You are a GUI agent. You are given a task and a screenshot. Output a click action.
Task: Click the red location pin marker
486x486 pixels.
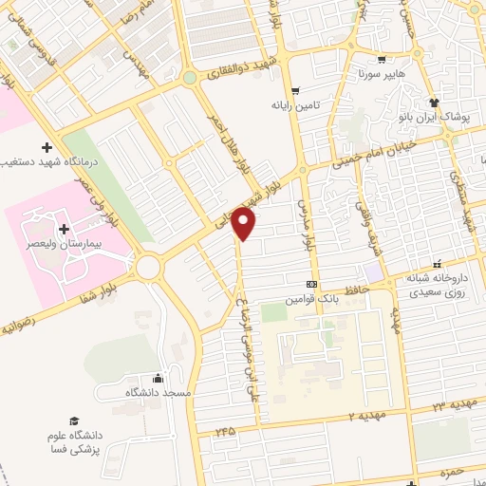click(245, 224)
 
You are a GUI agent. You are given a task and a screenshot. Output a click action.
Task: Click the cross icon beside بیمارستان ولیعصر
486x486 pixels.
click(64, 229)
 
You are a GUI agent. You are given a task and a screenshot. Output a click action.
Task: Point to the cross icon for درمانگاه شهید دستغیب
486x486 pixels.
click(47, 147)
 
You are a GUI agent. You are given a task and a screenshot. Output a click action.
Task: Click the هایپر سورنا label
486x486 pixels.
click(381, 72)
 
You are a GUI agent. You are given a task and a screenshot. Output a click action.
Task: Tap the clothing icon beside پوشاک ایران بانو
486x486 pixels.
click(434, 103)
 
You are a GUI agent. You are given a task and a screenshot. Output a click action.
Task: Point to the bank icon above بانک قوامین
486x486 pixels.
click(311, 285)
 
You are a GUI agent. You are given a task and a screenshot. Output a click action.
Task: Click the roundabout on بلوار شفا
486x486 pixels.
click(148, 267)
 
